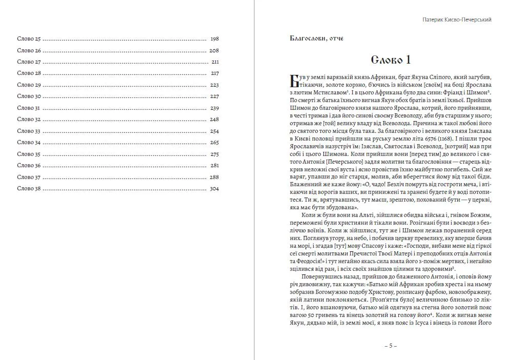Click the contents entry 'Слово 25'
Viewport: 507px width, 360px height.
29,39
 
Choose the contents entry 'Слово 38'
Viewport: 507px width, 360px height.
29,189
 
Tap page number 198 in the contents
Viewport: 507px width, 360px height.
214,39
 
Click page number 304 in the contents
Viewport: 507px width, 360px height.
214,189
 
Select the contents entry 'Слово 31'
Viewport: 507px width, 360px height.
29,108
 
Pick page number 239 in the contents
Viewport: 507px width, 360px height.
214,108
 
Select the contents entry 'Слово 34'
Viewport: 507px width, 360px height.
29,143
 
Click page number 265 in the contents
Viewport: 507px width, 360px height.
214,143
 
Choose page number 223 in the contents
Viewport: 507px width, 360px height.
214,85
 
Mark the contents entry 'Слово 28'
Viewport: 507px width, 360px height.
29,73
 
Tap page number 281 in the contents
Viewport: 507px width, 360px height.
214,166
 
